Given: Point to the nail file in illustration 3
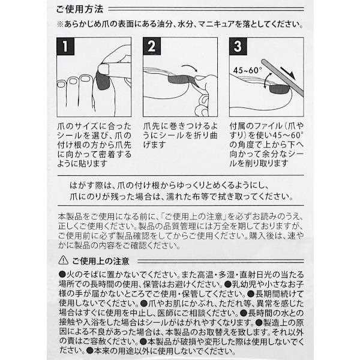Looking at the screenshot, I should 273,63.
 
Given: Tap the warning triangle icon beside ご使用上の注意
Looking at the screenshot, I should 63,260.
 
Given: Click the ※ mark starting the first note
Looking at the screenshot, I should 59,25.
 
